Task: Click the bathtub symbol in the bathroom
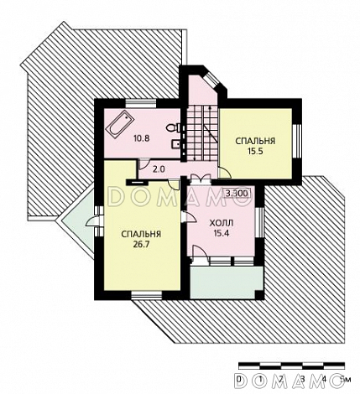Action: [120, 125]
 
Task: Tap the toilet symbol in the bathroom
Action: [172, 128]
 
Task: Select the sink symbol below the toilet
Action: [175, 144]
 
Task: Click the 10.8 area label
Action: [142, 138]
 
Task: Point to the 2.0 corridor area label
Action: [159, 168]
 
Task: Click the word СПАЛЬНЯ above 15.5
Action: [255, 141]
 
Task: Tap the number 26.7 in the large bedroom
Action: [141, 244]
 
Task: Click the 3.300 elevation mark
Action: [237, 193]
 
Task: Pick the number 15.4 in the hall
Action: [222, 233]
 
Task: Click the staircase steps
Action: [202, 133]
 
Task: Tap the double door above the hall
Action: [201, 178]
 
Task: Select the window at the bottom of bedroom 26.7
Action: [147, 296]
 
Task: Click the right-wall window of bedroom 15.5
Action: [297, 140]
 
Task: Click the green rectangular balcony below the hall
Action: [227, 283]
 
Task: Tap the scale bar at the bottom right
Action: [291, 365]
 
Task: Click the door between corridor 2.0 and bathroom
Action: [143, 164]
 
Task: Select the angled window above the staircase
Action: [212, 80]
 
